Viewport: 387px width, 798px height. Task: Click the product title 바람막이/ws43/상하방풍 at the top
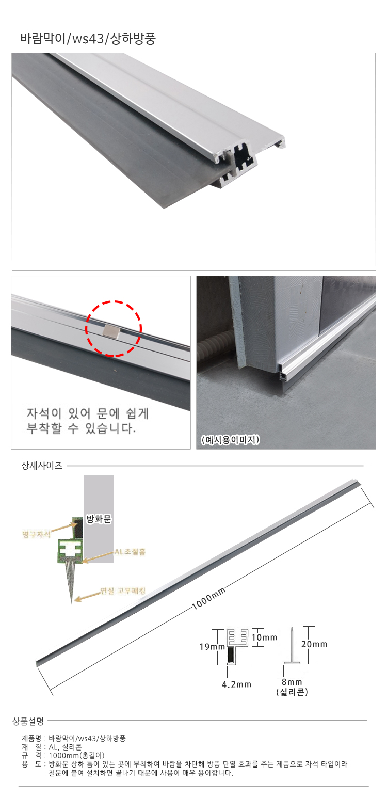[88, 39]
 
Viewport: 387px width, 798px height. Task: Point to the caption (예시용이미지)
[230, 440]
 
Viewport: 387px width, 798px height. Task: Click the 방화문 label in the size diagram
[99, 519]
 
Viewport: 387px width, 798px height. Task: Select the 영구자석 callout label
[36, 534]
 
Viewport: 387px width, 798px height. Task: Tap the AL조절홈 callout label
[130, 551]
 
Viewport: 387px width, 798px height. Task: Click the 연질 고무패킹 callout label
[123, 590]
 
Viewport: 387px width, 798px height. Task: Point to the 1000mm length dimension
[208, 598]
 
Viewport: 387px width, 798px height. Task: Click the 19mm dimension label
[212, 647]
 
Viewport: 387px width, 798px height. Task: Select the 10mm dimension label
[264, 637]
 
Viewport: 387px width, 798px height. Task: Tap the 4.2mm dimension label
[236, 684]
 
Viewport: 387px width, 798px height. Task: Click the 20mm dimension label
[314, 644]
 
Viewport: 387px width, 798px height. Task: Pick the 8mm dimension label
[292, 682]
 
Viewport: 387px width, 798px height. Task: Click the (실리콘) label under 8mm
[292, 692]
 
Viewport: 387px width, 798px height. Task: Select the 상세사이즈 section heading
[42, 466]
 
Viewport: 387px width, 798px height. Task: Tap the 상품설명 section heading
[28, 722]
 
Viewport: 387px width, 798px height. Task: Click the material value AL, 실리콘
[65, 747]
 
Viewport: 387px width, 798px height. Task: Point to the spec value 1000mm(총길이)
[76, 755]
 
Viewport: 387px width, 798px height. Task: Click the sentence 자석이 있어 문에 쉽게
[88, 413]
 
